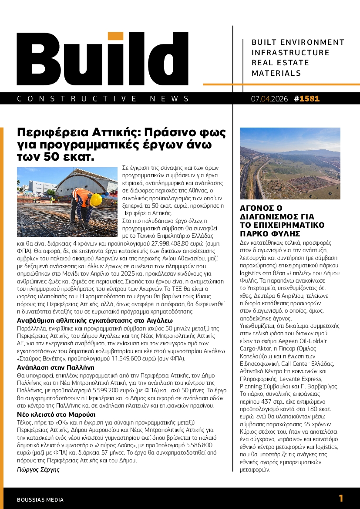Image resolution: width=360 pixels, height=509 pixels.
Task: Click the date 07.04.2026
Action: point(269,99)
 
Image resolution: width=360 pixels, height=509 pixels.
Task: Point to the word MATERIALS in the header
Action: point(276,73)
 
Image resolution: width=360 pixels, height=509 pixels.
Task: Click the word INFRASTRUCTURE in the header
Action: point(290,53)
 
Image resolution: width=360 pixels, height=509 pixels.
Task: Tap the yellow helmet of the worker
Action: point(95,200)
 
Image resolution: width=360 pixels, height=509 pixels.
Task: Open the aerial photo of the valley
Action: point(290,163)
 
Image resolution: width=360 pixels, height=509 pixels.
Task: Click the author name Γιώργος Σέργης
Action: point(38,469)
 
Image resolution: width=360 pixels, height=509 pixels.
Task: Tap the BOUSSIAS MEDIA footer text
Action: point(40,499)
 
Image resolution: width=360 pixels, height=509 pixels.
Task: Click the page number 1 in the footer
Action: point(341,499)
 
